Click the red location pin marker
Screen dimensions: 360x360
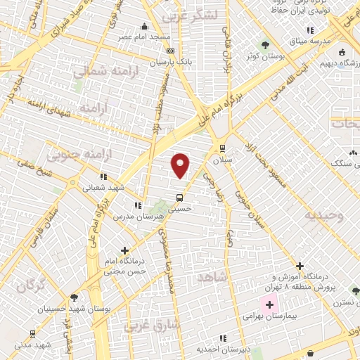tap(181, 164)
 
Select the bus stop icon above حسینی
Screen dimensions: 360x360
tap(180, 198)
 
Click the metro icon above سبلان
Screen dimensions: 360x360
tap(223, 148)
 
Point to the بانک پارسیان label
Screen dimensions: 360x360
tap(172, 62)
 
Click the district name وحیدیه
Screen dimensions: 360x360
tap(324, 216)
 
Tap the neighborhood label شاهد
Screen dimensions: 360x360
tap(212, 278)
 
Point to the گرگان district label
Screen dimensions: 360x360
tap(31, 285)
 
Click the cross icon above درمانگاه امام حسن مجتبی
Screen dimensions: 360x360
tap(125, 250)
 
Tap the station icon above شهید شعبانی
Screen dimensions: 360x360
tap(103, 176)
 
